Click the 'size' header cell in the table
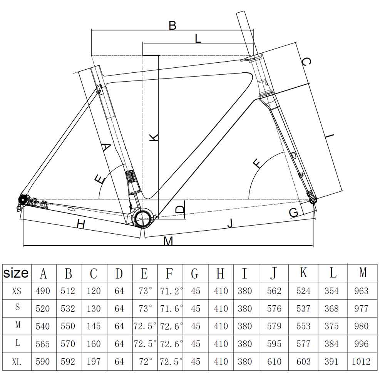coord(16,273)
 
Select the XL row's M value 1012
coord(361,362)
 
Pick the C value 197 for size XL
coord(94,362)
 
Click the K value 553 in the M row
coord(303,326)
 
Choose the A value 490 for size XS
coord(43,291)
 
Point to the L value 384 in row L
coord(331,344)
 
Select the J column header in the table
coord(273,273)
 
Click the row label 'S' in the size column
coord(17,308)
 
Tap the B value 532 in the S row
coord(68,308)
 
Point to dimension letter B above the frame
coord(172,26)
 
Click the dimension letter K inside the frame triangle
coord(154,137)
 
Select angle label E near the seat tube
coord(99,179)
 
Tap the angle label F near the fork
coord(257,163)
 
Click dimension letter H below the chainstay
coord(80,224)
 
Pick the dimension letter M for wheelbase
coord(168,241)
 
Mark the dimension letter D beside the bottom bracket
coord(180,210)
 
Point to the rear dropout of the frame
coord(22,200)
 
